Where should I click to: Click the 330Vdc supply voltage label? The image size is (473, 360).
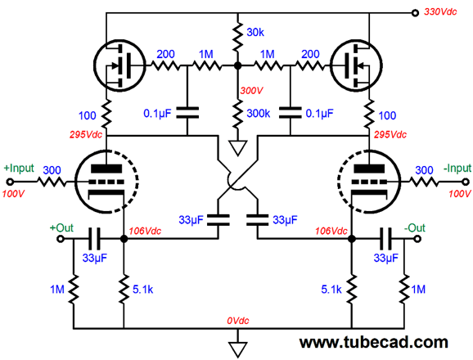tap(440, 11)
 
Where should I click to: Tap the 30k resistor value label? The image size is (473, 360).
tap(255, 32)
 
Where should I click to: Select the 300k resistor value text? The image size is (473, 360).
tap(259, 114)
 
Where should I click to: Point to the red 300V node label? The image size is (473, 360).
tap(251, 91)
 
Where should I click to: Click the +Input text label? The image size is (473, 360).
tap(19, 168)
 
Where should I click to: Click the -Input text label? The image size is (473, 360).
tap(457, 168)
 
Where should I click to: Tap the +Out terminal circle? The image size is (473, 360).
tap(61, 239)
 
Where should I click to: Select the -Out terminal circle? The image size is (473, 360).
tap(417, 239)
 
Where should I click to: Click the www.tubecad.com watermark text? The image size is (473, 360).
tap(373, 342)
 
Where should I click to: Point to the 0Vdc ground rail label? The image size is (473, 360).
tap(237, 321)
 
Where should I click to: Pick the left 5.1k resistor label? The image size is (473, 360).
tap(143, 290)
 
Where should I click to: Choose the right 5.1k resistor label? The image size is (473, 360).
tap(331, 290)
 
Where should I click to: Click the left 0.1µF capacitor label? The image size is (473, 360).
tap(157, 114)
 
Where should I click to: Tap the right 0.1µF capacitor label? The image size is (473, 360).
tap(319, 114)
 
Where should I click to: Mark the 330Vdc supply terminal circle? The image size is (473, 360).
tap(416, 13)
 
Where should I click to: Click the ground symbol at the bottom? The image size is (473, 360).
tap(237, 349)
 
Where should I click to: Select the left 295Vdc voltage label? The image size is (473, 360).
tap(86, 134)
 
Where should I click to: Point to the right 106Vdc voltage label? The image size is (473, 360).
tap(331, 231)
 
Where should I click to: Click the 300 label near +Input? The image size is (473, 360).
tap(52, 170)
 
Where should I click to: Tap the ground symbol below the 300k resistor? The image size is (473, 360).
tap(237, 148)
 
